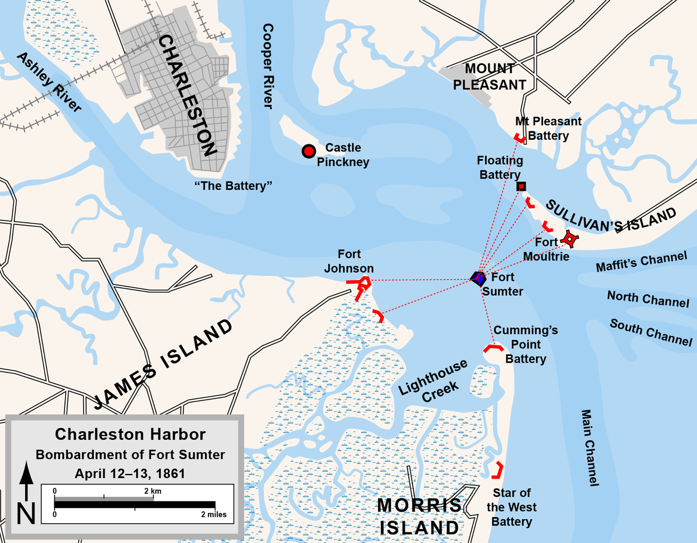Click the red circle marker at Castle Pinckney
point(308,151)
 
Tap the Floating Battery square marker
point(521,186)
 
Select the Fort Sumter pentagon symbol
point(477,278)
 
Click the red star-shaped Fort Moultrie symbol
point(570,239)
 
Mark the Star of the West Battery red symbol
point(498,470)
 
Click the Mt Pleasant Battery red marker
point(520,138)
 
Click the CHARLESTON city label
point(186,96)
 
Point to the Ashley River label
point(49,81)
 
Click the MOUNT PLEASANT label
point(489,77)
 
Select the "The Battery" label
point(234,185)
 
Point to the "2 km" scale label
point(153,491)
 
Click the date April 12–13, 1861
point(130,473)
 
